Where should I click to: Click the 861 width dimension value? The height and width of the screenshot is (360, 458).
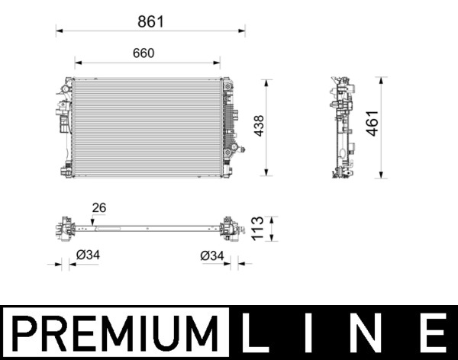(x=151, y=21)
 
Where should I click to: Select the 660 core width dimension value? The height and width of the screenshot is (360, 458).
(x=144, y=53)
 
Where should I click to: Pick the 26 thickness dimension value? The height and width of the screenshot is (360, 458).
(x=98, y=207)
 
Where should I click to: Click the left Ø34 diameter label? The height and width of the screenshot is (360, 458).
(x=88, y=256)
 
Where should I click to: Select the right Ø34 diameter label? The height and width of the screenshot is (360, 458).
(x=211, y=256)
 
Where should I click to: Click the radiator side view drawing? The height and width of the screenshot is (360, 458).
(x=343, y=127)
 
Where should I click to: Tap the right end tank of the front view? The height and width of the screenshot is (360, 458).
(x=227, y=127)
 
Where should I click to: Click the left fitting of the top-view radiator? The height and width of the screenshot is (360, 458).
(x=63, y=227)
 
